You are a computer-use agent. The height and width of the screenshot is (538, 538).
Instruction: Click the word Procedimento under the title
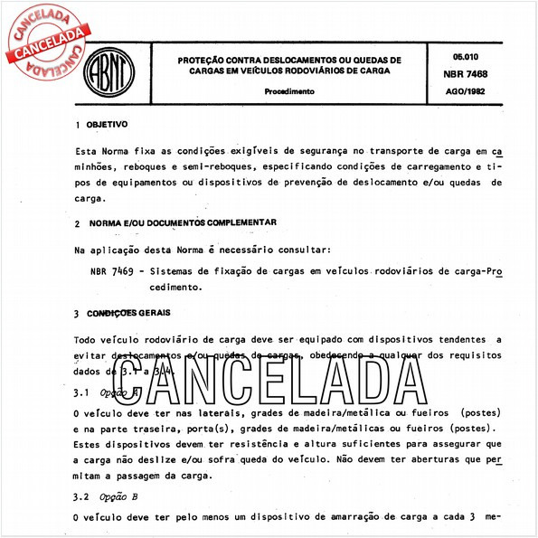[x=289, y=92]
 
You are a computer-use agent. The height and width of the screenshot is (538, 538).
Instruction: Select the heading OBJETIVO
[x=108, y=125]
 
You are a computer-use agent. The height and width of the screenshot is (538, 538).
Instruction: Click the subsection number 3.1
[x=80, y=392]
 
